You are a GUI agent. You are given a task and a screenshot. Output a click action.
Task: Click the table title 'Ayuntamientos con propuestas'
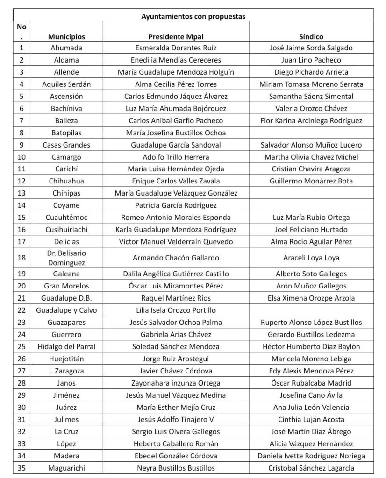tap(193, 16)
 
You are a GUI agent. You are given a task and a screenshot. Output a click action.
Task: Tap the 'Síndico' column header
tap(311, 36)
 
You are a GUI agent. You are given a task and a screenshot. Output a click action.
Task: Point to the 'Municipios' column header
tap(66, 36)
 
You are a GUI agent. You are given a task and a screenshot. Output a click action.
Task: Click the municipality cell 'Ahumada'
tap(66, 48)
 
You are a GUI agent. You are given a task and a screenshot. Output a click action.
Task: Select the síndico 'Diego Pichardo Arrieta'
tap(311, 72)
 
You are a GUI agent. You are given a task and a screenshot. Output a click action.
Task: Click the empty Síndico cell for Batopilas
tap(311, 133)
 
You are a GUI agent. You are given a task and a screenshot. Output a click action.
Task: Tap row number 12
tap(21, 181)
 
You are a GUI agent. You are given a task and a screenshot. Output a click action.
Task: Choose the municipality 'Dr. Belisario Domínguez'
tap(66, 258)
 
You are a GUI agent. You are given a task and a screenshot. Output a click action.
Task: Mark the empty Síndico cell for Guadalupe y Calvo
tap(311, 310)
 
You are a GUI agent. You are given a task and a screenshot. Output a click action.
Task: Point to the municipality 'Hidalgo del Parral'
tap(66, 346)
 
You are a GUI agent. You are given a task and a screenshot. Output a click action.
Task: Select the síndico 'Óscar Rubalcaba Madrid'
tap(311, 383)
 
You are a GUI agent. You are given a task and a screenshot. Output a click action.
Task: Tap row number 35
tap(21, 468)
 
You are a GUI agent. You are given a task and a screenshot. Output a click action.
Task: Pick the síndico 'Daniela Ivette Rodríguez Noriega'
tap(311, 456)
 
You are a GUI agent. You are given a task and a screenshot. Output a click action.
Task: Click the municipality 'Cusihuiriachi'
tap(66, 230)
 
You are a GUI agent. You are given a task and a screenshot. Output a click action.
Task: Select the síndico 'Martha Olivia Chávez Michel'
tap(311, 157)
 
